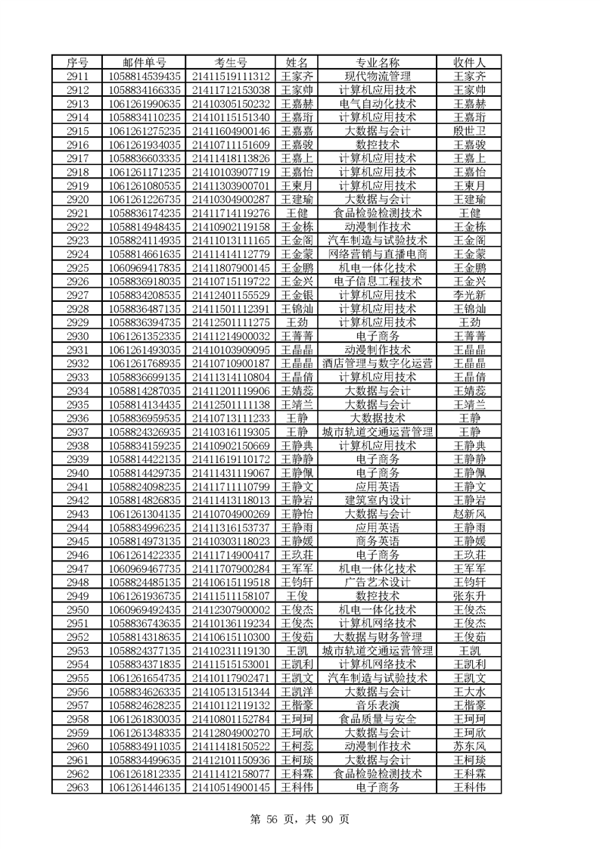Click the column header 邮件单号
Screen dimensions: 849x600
[145, 62]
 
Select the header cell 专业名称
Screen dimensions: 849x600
[378, 62]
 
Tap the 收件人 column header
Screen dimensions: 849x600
[468, 62]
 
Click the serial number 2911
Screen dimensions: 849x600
[78, 76]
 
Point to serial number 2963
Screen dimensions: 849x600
[78, 787]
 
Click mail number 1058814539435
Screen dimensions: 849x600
[145, 76]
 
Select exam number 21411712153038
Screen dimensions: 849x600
[232, 89]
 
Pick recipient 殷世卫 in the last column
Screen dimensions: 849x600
[468, 131]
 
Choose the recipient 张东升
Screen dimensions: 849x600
[468, 596]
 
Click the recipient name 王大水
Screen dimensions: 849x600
[468, 692]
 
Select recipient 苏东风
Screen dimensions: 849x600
[468, 746]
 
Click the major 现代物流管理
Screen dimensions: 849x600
[378, 76]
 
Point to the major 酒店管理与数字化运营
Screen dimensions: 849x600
[378, 363]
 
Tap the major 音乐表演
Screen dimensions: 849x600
[378, 705]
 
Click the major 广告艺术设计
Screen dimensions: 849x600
[378, 582]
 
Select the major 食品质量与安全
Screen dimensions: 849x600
[378, 719]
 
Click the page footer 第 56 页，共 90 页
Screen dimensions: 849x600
[300, 818]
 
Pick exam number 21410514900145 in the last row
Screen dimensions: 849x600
[232, 787]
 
